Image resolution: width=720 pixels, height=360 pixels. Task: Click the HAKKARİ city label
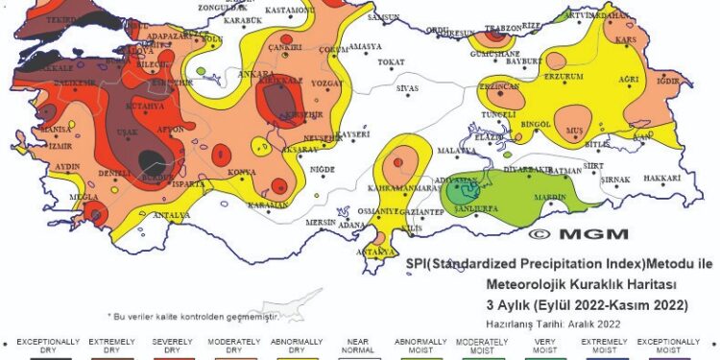(662, 179)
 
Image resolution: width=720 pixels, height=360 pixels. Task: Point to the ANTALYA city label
(173, 215)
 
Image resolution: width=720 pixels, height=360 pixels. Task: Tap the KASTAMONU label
(288, 10)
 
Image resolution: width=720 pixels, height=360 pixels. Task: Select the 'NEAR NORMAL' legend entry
(358, 346)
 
